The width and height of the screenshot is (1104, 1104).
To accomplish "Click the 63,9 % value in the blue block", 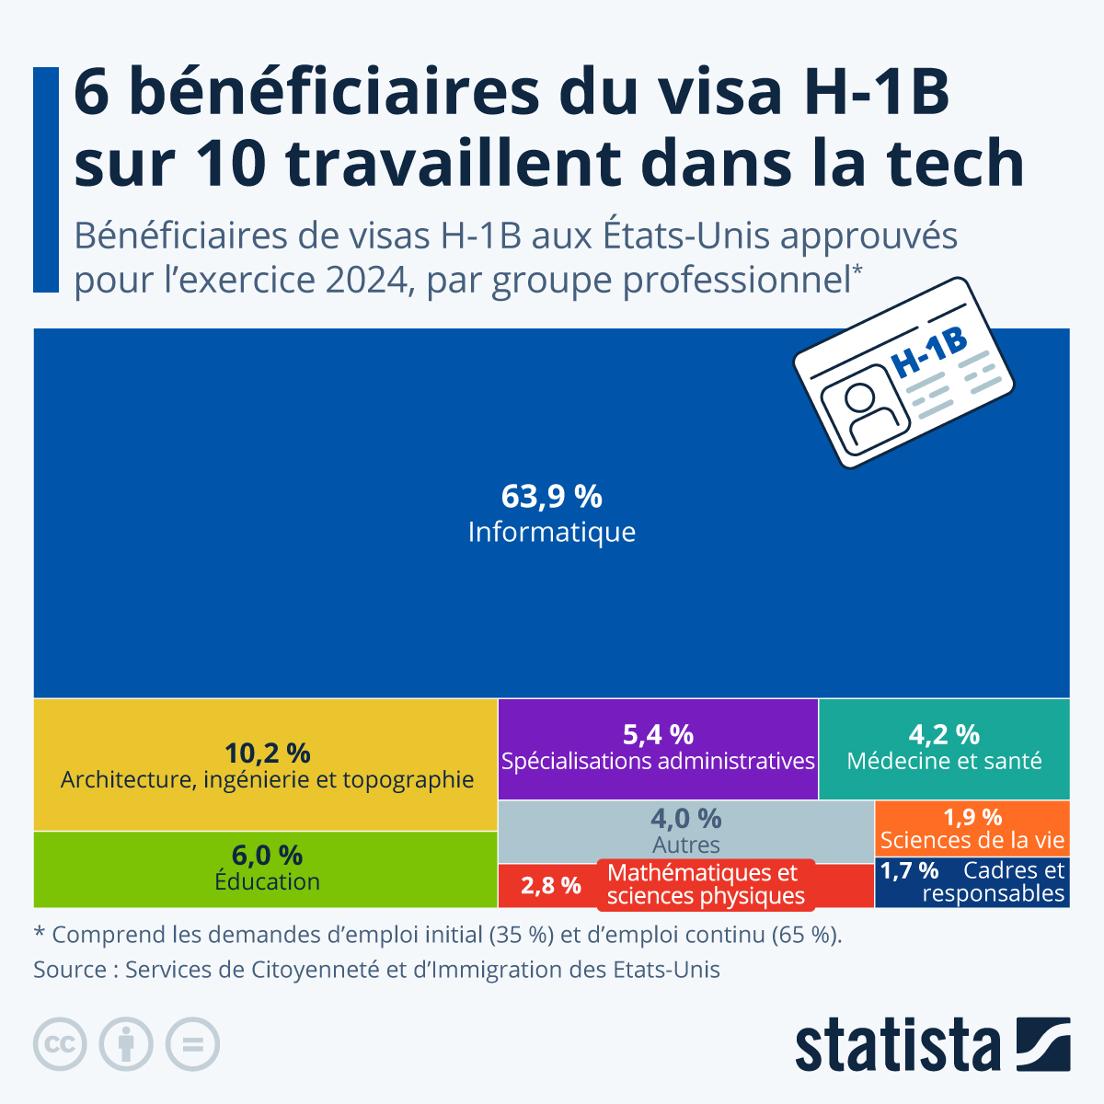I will tap(551, 497).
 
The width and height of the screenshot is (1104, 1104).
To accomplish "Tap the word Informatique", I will tap(551, 532).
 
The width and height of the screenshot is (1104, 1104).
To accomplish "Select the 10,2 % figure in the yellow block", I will tap(267, 753).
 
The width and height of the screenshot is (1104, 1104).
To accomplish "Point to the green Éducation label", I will tap(267, 881).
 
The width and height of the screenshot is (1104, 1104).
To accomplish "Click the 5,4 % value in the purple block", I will tap(658, 734).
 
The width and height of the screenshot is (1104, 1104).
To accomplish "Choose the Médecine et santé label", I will tap(944, 761).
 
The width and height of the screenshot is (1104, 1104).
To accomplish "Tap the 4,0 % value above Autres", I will tap(686, 818).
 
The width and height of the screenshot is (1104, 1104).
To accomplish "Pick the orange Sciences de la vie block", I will tap(972, 828).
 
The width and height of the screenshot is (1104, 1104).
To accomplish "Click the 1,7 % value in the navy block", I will tap(909, 870).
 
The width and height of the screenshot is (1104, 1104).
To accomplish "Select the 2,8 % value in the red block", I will tap(550, 885).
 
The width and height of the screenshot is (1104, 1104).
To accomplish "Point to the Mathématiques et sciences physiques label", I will tap(705, 884).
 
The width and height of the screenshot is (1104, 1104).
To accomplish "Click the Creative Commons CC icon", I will tap(60, 1044).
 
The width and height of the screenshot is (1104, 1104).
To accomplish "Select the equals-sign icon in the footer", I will tap(192, 1044).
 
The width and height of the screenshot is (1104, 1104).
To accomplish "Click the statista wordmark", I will tap(897, 1045).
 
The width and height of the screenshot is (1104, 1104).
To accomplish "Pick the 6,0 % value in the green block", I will tap(267, 855).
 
